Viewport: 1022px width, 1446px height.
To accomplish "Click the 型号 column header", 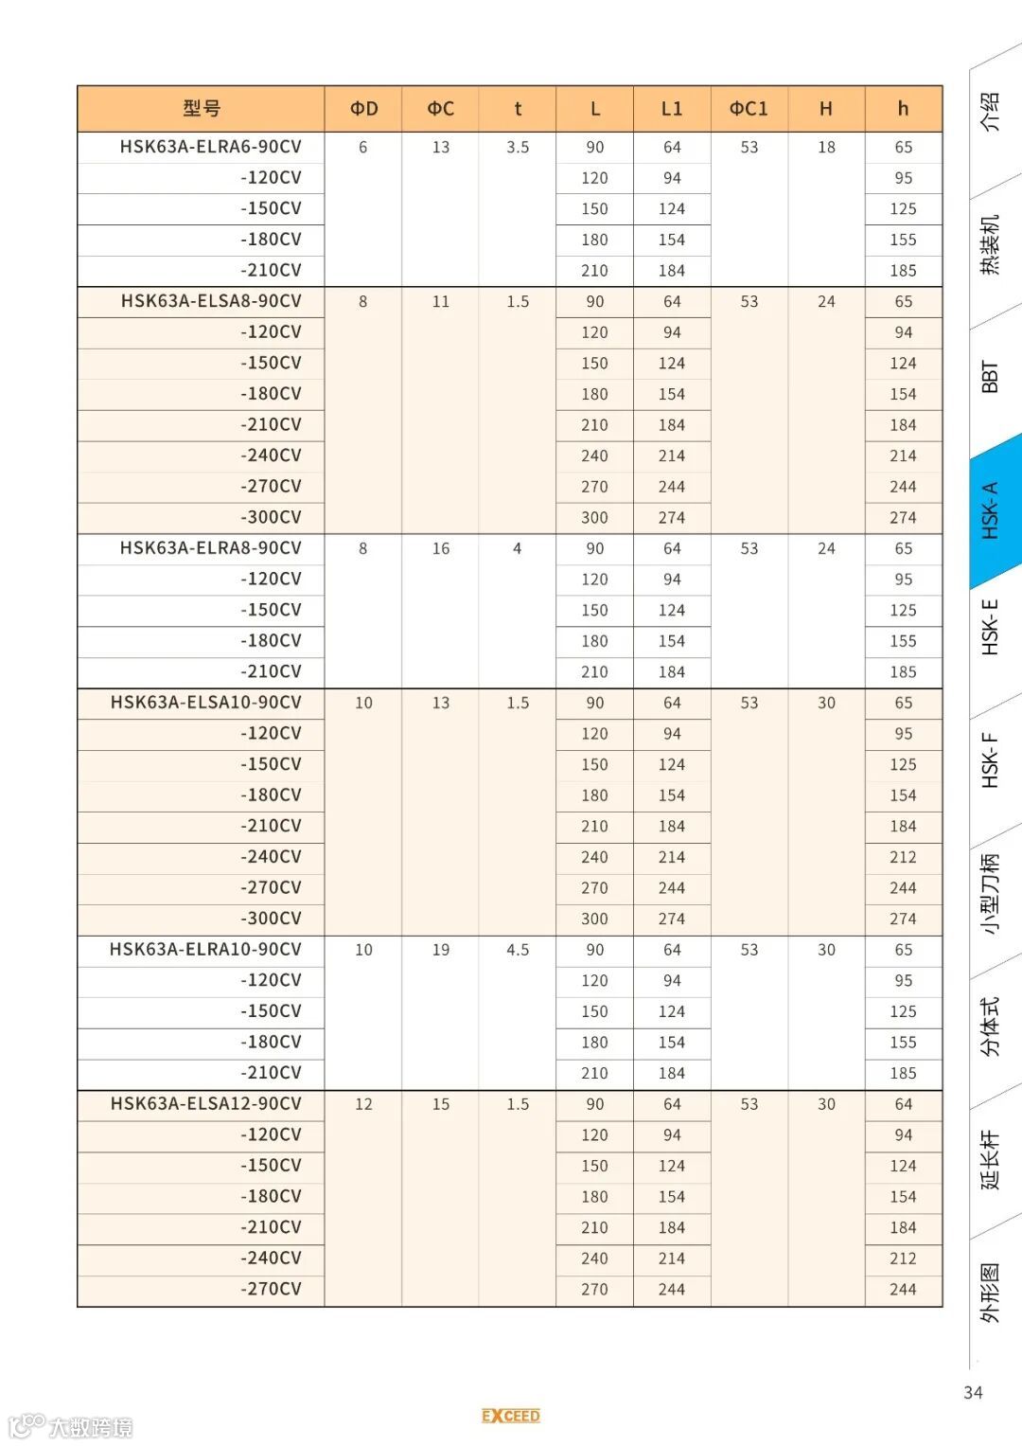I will pyautogui.click(x=202, y=109).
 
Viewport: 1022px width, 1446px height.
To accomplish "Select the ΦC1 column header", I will pyautogui.click(x=749, y=109).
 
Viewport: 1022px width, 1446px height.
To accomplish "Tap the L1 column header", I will pyautogui.click(x=671, y=109).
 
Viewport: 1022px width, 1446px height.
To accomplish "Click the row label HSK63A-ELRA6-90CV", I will pyautogui.click(x=210, y=147).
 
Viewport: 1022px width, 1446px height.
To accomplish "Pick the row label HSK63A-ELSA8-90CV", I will pyautogui.click(x=211, y=301).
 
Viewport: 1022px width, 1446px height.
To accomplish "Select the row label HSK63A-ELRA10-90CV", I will pyautogui.click(x=205, y=949).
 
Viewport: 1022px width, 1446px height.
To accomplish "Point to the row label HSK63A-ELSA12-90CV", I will pyautogui.click(x=205, y=1103).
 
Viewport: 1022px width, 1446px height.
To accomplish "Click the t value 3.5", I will pyautogui.click(x=518, y=147).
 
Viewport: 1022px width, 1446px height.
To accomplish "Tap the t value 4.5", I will pyautogui.click(x=518, y=949).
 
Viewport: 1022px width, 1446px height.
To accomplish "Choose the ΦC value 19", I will pyautogui.click(x=441, y=949).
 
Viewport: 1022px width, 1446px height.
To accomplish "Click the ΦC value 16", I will pyautogui.click(x=441, y=548).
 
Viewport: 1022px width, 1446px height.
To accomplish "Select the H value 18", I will pyautogui.click(x=826, y=147).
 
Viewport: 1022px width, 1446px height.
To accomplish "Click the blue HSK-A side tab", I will pyautogui.click(x=991, y=511).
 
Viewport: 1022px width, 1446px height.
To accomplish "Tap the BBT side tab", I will pyautogui.click(x=990, y=376).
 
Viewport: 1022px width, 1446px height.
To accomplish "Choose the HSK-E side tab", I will pyautogui.click(x=990, y=627).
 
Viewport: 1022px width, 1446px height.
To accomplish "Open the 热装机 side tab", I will pyautogui.click(x=990, y=244).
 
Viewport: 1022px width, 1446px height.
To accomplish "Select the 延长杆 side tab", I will pyautogui.click(x=990, y=1159).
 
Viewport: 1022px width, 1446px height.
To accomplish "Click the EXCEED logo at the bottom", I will pyautogui.click(x=511, y=1416).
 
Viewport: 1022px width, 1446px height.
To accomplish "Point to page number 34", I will pyautogui.click(x=973, y=1392).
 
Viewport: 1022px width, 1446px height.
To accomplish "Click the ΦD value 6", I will pyautogui.click(x=362, y=147).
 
